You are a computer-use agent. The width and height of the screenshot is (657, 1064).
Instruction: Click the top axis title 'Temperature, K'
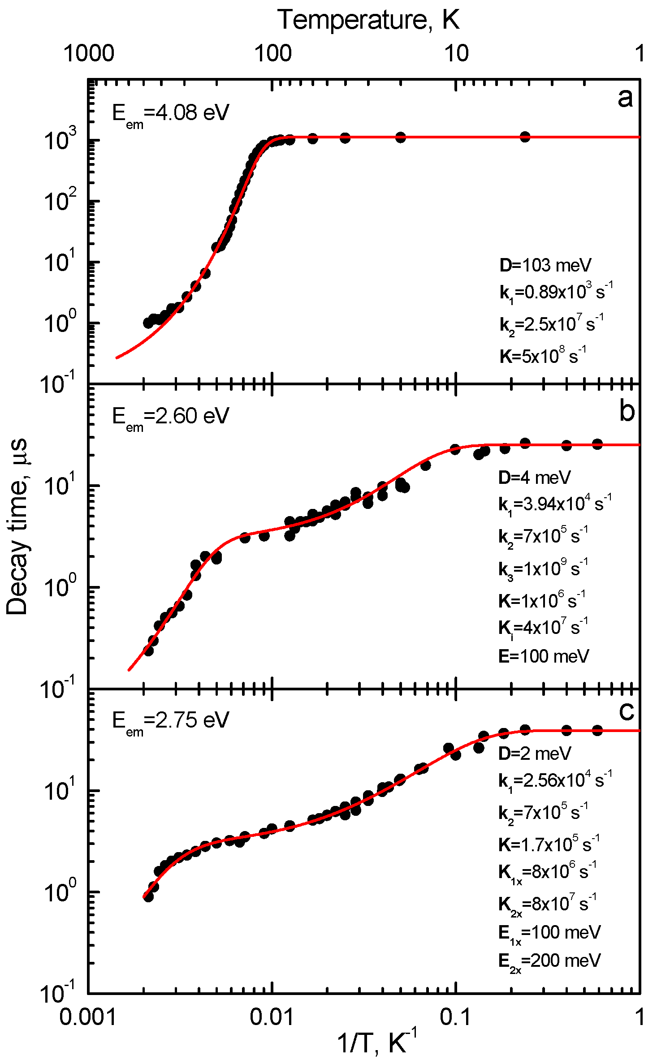[368, 20]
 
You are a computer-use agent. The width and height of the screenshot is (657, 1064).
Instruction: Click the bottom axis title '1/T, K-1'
[376, 1042]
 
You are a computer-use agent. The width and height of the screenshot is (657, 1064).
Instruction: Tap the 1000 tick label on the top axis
[89, 53]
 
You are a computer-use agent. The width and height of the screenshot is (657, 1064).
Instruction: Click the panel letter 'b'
[627, 411]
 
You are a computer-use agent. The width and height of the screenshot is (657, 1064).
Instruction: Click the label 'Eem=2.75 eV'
[170, 721]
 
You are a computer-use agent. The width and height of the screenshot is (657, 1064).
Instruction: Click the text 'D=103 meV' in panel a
[545, 265]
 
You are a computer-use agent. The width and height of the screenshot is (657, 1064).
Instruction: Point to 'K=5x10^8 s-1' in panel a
[543, 356]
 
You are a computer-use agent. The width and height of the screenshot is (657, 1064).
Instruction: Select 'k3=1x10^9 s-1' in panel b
[543, 569]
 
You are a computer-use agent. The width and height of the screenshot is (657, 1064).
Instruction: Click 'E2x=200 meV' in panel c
[549, 961]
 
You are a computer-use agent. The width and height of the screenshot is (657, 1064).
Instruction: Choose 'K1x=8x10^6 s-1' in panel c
[547, 872]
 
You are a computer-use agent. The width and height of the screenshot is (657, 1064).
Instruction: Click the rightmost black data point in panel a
[525, 137]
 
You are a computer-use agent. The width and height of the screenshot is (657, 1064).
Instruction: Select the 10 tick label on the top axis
[456, 53]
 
